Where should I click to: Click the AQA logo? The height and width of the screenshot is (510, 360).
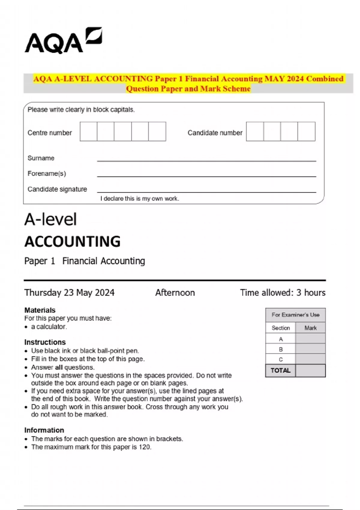pos(63,41)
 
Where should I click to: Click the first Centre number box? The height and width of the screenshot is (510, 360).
pos(88,131)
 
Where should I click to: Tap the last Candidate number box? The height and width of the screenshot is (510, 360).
pos(306,131)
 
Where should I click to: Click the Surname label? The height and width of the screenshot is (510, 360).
pos(41,158)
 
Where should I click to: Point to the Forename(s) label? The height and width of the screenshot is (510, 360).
pos(46,173)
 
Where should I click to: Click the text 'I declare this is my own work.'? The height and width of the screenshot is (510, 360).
pos(139,199)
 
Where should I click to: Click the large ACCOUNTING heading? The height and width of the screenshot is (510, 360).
pos(72,241)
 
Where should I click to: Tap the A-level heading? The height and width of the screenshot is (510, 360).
pos(50,219)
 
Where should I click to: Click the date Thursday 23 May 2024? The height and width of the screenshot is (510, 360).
pos(69,292)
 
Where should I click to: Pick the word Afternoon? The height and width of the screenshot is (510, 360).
pos(175,292)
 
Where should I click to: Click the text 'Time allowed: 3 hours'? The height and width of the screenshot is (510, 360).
pos(283,292)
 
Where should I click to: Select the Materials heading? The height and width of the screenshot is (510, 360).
pos(40,310)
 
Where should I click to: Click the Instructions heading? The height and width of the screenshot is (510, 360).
pos(45,342)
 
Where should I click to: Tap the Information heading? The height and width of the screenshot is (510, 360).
pos(44,430)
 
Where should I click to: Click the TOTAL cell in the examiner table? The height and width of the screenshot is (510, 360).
pos(280,370)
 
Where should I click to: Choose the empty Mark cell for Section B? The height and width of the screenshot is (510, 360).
pos(310,349)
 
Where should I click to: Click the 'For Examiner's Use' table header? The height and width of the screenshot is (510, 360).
pos(295,315)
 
